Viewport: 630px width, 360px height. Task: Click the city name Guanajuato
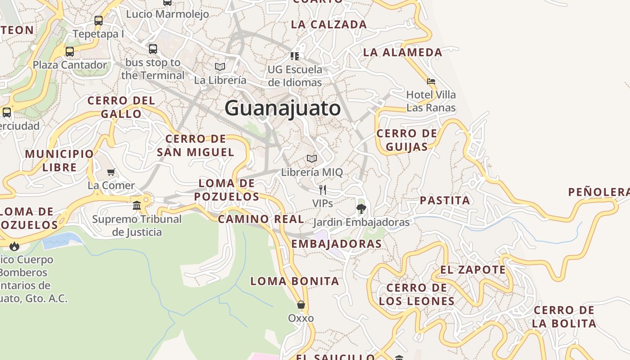pos(283,108)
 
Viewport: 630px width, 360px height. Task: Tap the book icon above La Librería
pos(220,67)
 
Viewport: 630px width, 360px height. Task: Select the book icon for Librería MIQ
pos(312,158)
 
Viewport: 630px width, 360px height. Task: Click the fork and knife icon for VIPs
pos(323,189)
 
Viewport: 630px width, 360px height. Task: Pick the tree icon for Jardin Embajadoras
pos(361,208)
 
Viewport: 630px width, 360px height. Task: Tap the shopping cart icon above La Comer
pos(111,172)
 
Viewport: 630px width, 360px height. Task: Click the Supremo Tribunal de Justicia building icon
pos(137,206)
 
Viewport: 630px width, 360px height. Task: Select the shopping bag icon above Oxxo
pos(301,305)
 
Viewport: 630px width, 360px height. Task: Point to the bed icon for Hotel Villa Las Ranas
pos(431,81)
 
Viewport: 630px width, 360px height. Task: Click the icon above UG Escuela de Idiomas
pos(295,56)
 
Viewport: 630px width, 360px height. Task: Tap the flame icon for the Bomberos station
pos(14,246)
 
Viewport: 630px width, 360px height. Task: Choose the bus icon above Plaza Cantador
pos(70,51)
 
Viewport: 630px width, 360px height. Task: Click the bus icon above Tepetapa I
pos(99,20)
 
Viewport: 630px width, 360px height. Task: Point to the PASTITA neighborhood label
pos(445,200)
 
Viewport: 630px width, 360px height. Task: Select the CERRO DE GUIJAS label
pos(407,140)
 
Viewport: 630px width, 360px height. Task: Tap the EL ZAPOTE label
pos(473,270)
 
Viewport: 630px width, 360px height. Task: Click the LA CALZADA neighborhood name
pos(329,24)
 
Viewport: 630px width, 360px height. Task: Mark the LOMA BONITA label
pos(294,281)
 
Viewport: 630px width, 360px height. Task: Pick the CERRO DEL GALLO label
pos(121,107)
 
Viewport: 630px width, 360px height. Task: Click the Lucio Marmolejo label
pos(167,14)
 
